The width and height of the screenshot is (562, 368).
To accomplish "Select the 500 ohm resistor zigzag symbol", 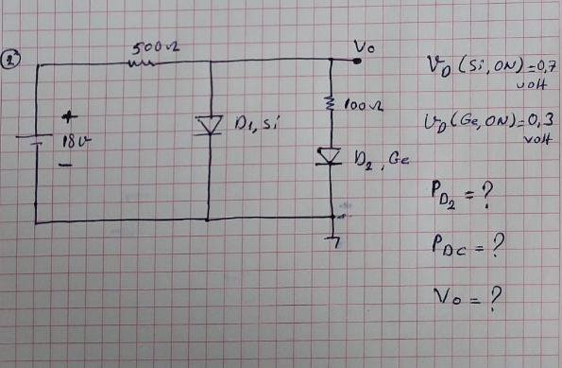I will [x=145, y=64].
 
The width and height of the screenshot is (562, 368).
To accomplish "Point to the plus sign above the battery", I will [x=67, y=119].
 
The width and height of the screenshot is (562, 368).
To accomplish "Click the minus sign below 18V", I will [x=66, y=163].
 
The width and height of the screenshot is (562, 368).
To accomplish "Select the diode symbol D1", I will [x=208, y=126].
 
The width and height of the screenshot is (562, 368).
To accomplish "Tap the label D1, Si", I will [x=253, y=124].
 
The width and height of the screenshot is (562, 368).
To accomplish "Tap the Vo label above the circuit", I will [x=365, y=47].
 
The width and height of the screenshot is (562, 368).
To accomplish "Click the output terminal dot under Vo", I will [x=358, y=62].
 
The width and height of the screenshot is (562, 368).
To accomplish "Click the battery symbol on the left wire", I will [x=35, y=144].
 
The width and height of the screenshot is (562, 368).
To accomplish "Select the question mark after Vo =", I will [x=494, y=300].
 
